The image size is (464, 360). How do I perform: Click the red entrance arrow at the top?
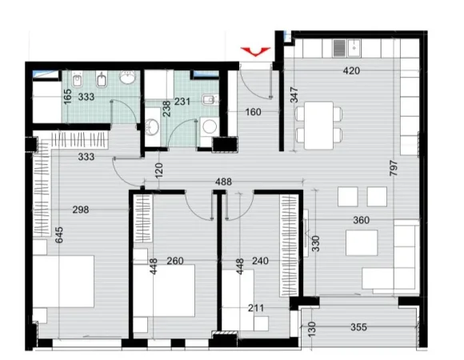pyautogui.click(x=255, y=52)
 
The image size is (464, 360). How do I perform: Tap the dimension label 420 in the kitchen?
pyautogui.click(x=352, y=71)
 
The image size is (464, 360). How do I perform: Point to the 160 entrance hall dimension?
pyautogui.click(x=254, y=112)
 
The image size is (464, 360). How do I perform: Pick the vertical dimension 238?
pyautogui.click(x=166, y=109)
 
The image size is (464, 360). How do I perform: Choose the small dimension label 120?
pyautogui.click(x=159, y=170)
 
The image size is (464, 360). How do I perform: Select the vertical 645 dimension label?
pyautogui.click(x=58, y=235)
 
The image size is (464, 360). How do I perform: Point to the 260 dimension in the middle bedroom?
pyautogui.click(x=175, y=261)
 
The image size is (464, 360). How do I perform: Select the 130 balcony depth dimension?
pyautogui.click(x=311, y=328)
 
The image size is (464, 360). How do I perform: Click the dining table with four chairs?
pyautogui.click(x=320, y=123)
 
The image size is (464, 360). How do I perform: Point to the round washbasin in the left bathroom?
pyautogui.click(x=127, y=80)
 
